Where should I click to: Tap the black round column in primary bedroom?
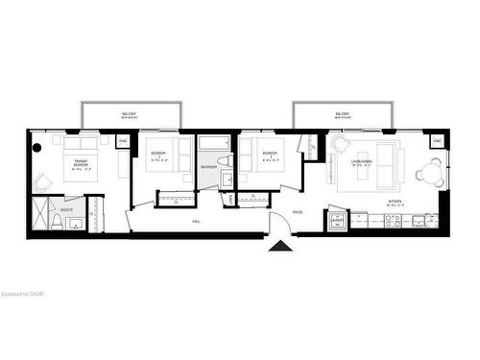(x=36, y=147)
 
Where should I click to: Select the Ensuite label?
(x=66, y=208)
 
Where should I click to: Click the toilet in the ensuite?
(x=58, y=224)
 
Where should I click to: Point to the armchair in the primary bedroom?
(x=42, y=182)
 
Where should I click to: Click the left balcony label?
(x=129, y=114)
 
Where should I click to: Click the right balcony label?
(x=342, y=114)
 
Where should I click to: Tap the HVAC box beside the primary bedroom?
(x=122, y=142)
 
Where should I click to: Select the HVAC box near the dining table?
(x=437, y=142)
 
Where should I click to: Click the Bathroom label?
(x=208, y=167)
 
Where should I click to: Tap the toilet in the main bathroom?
(x=222, y=160)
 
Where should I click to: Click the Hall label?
(x=196, y=221)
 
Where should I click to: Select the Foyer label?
(x=298, y=211)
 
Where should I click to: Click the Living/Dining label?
(x=363, y=163)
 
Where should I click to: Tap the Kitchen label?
(x=394, y=202)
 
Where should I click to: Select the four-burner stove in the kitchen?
(x=393, y=220)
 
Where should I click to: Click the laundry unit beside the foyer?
(x=336, y=220)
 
